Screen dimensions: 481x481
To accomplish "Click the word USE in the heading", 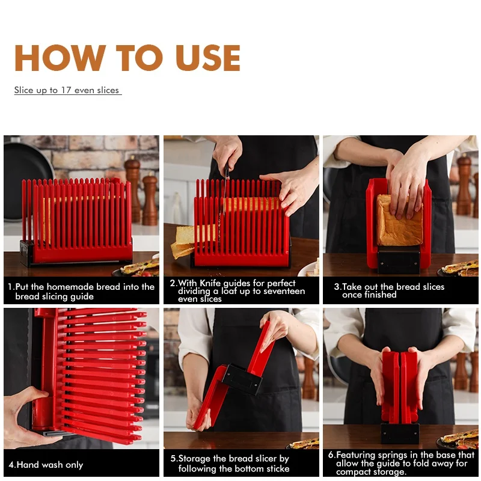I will (207, 58).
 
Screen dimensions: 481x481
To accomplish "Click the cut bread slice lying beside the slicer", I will (183, 240).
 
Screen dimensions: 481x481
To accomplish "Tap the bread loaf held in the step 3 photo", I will (397, 219).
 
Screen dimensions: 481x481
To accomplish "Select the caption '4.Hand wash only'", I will (46, 465).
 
